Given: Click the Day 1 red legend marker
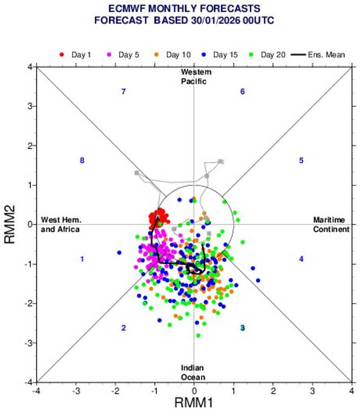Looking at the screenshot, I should (x=62, y=55).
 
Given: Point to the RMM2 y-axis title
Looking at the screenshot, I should (x=11, y=225).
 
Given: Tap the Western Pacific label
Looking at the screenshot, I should (x=194, y=77).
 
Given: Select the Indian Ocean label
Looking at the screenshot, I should (x=194, y=372).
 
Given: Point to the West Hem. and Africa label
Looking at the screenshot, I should (x=61, y=225).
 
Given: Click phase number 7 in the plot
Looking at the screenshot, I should (x=123, y=92).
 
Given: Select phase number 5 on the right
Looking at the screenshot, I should (x=301, y=160).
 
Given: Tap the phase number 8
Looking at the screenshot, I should (x=82, y=160).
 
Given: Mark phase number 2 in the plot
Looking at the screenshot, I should (x=123, y=328).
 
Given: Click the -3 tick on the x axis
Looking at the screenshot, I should (x=76, y=389).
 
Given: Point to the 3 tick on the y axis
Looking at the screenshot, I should (x=30, y=106).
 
